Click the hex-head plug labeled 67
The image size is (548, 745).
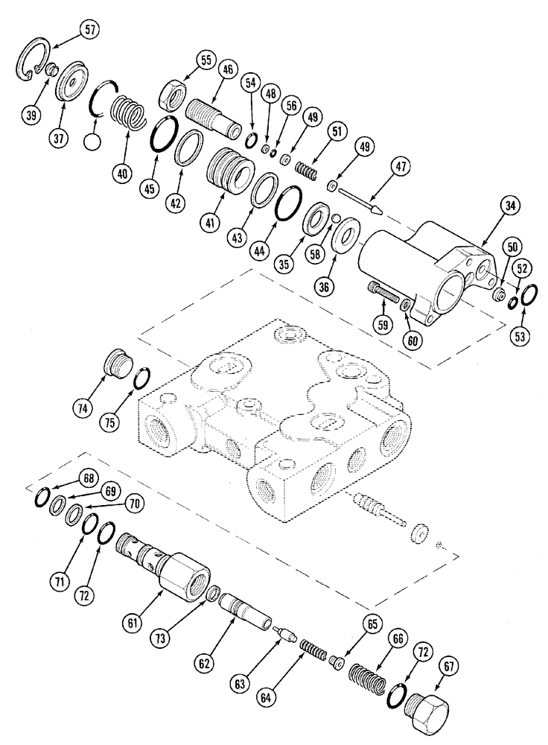(x=429, y=703)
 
